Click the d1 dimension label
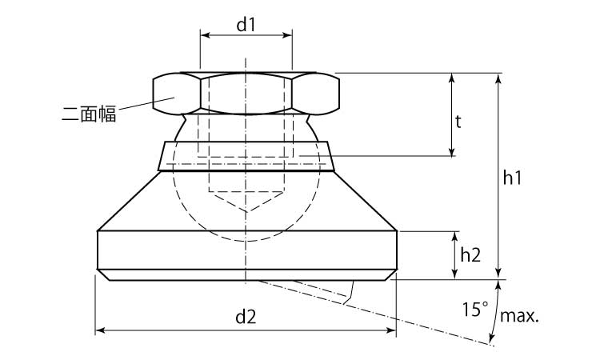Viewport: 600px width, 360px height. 246,24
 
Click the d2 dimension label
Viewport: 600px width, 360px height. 246,317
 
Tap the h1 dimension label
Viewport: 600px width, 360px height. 513,181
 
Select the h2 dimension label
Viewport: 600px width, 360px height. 470,255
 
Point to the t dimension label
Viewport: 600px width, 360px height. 458,122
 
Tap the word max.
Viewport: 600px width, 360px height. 519,316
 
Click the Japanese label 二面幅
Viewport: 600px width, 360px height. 89,114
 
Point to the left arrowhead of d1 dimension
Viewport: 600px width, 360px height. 203,35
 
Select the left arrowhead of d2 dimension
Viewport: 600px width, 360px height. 99,330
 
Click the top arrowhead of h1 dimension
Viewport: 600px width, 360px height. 499,78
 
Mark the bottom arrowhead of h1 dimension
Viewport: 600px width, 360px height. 499,275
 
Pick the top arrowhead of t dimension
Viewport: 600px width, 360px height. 453,78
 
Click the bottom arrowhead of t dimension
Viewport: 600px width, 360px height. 453,151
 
